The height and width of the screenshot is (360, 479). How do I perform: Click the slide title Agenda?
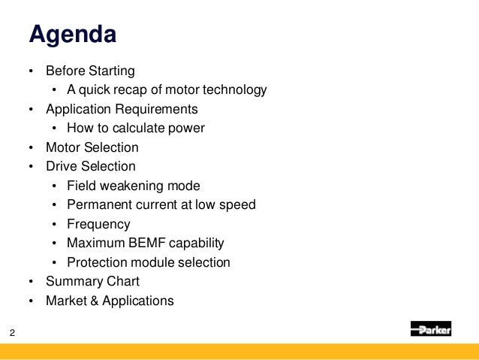(72, 35)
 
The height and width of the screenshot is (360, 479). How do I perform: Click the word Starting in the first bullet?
(110, 71)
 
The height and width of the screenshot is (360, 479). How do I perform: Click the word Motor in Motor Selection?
(62, 148)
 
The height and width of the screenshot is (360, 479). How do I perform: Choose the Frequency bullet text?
(98, 224)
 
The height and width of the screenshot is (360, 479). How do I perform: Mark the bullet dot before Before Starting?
(31, 72)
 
